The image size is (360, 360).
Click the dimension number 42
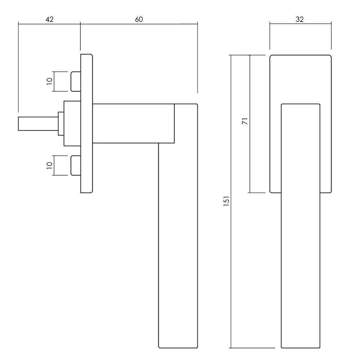point(49,19)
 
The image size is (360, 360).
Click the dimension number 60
point(139,19)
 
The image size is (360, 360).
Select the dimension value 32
point(300,19)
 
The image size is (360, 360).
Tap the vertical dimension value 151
point(226,202)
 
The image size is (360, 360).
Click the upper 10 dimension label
point(50,82)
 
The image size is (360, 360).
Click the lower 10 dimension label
point(50,166)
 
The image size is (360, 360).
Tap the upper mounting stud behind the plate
point(75,81)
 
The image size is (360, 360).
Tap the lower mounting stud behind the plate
point(75,165)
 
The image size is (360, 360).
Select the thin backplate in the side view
point(86,123)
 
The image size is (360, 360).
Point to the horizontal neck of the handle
point(133,123)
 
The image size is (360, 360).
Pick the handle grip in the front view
point(300,252)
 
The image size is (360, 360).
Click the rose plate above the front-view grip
point(300,79)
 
